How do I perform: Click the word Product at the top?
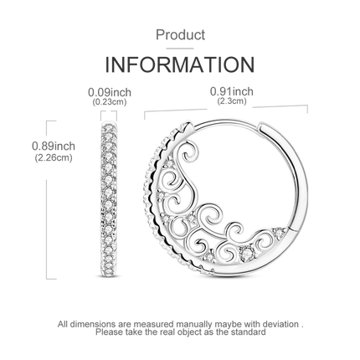pyautogui.click(x=180, y=35)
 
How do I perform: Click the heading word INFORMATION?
pyautogui.click(x=180, y=64)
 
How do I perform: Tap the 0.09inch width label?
pyautogui.click(x=110, y=92)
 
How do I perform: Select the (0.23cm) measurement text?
pyautogui.click(x=110, y=102)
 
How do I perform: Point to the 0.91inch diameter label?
pyautogui.click(x=232, y=91)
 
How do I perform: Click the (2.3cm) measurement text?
pyautogui.click(x=232, y=101)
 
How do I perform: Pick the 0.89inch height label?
pyautogui.click(x=54, y=146)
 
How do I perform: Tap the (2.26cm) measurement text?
pyautogui.click(x=54, y=158)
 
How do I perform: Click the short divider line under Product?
pyautogui.click(x=180, y=49)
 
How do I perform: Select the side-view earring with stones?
pyautogui.click(x=109, y=199)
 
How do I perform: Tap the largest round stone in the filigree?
pyautogui.click(x=246, y=253)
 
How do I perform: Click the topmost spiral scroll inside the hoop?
pyautogui.click(x=190, y=152)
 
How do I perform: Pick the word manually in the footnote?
pyautogui.click(x=193, y=324)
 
